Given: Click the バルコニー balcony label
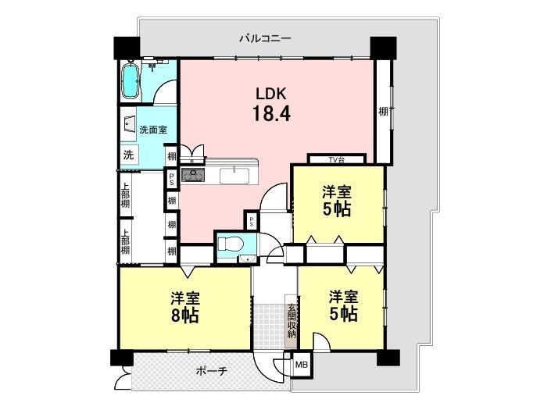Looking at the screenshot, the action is tap(265, 38).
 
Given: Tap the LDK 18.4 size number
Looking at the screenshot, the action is tap(271, 114).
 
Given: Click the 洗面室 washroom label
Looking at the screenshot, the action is tap(153, 130).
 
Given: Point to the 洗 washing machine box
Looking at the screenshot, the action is tap(129, 155).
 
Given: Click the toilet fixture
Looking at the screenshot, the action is tap(230, 243).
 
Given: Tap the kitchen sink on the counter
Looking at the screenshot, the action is tap(234, 176).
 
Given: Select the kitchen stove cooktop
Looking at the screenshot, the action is tap(193, 174).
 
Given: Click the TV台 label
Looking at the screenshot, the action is tap(336, 160).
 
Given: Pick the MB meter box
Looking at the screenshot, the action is tap(302, 365).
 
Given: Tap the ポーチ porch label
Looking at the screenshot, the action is tap(212, 371).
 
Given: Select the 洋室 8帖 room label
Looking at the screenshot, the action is tap(185, 307).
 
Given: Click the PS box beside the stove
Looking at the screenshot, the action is tap(171, 178).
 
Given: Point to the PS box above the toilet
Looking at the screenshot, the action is tap(252, 221).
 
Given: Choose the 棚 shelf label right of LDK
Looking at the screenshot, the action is tap(383, 112).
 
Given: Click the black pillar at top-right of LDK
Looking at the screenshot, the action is tap(384, 48).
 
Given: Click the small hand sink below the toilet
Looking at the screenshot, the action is tap(248, 259).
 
